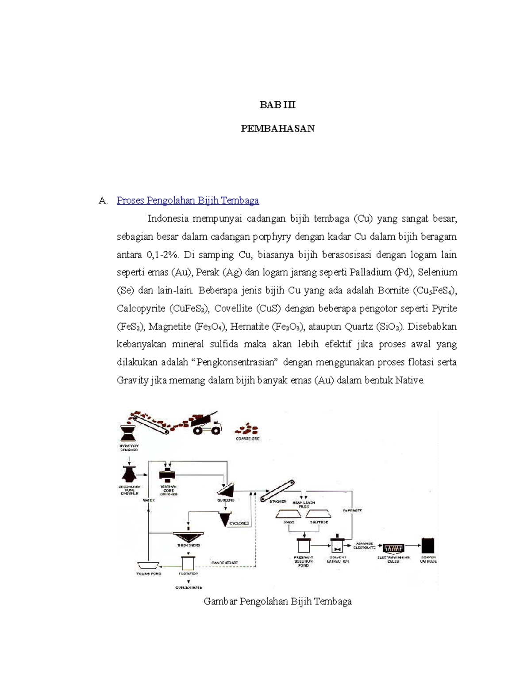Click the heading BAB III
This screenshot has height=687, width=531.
point(277,105)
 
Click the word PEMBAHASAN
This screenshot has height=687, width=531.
point(277,129)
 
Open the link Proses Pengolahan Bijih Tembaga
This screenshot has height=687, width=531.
point(188,200)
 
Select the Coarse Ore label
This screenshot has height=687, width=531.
point(247,439)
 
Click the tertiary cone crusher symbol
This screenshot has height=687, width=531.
point(167,475)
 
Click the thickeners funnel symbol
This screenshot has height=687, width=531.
point(188,536)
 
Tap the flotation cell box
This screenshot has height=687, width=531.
point(188,563)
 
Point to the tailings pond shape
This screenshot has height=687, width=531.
point(148,566)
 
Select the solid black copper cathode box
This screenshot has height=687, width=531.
point(428,545)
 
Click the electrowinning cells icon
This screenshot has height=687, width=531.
point(393,549)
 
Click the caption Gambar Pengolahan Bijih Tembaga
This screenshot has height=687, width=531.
point(277,602)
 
